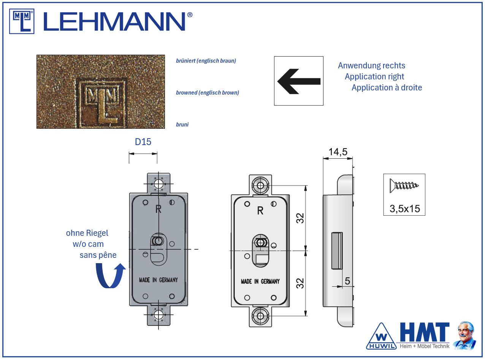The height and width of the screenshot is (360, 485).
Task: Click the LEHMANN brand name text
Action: click(118, 21)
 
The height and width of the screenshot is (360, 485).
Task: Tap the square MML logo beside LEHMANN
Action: click(22, 21)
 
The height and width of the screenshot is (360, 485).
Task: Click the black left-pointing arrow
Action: click(299, 81)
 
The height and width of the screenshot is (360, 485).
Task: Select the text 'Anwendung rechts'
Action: click(371, 65)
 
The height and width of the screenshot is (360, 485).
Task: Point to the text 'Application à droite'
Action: click(387, 88)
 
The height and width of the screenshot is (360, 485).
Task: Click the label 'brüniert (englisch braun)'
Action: click(206, 61)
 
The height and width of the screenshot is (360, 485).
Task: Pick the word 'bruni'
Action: click(182, 125)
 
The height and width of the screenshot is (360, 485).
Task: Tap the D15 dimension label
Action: click(143, 142)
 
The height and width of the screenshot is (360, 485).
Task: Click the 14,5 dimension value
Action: click(338, 152)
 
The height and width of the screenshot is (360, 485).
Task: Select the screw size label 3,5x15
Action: click(404, 208)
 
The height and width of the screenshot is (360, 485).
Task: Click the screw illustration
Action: click(404, 186)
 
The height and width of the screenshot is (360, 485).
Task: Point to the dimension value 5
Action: click(347, 281)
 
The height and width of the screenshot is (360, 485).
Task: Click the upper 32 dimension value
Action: click(300, 218)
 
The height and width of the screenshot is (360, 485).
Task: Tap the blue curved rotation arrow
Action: click(110, 276)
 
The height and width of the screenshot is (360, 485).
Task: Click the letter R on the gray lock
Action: click(159, 208)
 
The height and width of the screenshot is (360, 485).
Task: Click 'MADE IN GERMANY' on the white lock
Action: click(260, 281)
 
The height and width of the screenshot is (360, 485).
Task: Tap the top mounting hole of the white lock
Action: click(260, 186)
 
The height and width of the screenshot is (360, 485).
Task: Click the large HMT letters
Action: click(425, 333)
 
